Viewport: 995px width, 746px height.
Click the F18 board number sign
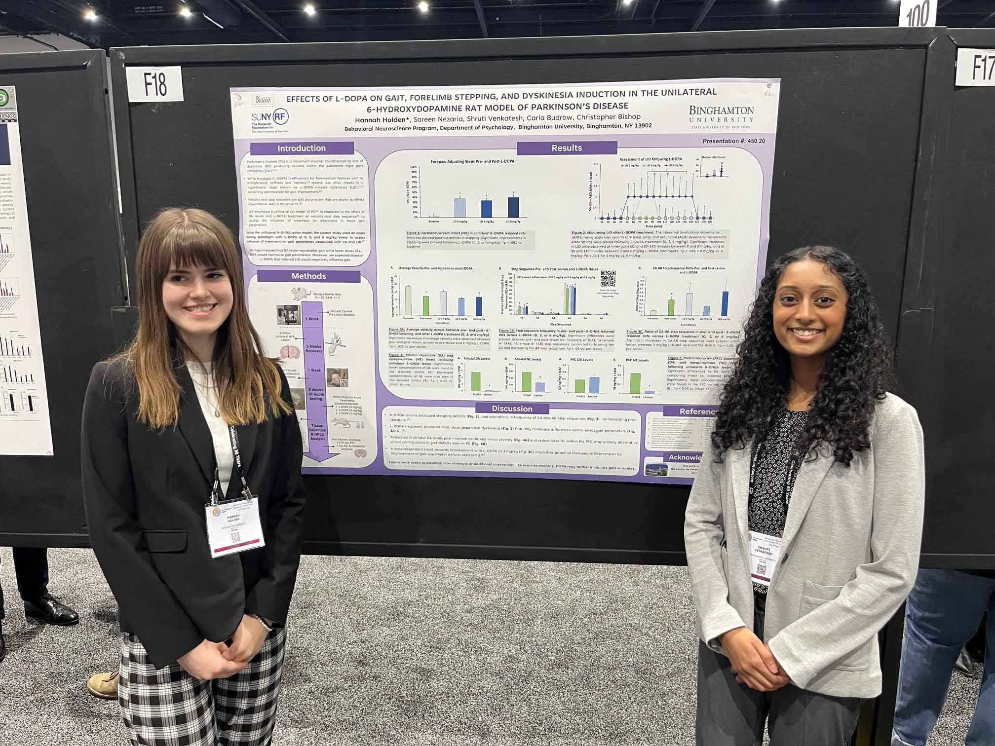tap(155, 84)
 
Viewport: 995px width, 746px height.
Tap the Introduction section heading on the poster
tap(302, 148)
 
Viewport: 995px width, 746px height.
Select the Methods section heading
tap(308, 276)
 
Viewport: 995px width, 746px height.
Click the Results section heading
tap(567, 148)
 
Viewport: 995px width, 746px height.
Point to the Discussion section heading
tap(512, 409)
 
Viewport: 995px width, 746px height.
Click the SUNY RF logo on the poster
tap(270, 119)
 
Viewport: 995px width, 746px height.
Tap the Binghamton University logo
tap(721, 116)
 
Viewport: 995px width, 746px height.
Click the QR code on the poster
tap(608, 278)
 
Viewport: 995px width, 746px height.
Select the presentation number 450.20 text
tap(734, 141)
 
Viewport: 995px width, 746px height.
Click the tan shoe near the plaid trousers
tap(103, 684)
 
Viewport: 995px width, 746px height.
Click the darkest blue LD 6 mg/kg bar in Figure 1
tap(513, 207)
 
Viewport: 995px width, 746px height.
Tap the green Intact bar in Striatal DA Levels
tap(476, 381)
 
